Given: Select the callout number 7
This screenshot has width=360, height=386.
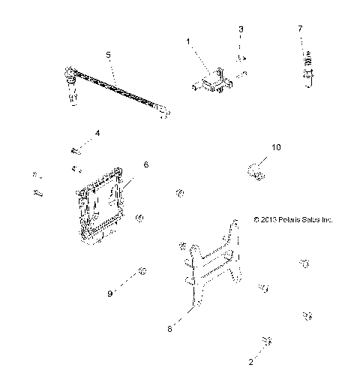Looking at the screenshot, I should [300, 28].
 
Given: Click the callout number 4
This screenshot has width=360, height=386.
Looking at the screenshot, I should [97, 134].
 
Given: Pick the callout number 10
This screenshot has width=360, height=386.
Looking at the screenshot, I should [276, 148].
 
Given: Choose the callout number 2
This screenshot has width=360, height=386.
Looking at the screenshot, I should [250, 361].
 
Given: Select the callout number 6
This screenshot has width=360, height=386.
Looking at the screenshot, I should [145, 163].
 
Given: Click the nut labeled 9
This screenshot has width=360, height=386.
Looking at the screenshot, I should [142, 271].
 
